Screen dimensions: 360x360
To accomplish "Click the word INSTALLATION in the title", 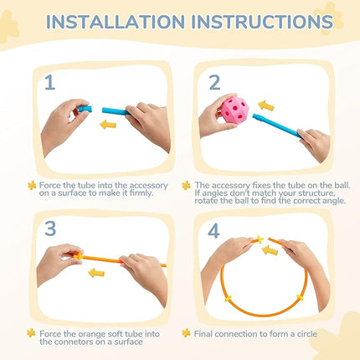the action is tap(116, 22).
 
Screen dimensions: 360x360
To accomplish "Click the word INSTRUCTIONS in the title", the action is tap(262, 22).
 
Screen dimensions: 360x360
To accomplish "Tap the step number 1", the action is tap(50, 83).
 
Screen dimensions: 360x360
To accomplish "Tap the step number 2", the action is tap(214, 83).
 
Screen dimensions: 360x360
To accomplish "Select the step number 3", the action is tap(50, 229).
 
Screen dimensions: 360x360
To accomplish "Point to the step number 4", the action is tap(213, 231).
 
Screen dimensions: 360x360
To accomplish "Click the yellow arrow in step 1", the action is tap(108, 125).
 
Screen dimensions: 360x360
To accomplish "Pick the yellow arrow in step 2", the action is tap(265, 105).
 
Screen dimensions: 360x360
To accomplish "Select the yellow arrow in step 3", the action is tap(96, 273).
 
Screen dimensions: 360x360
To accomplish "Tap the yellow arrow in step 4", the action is tap(270, 249).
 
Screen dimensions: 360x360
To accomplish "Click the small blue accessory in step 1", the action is tap(85, 109).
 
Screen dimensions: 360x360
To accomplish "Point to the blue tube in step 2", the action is tap(277, 126).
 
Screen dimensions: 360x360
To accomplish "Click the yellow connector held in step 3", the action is tap(79, 256).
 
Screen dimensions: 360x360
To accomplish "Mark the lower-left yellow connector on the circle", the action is tap(229, 299).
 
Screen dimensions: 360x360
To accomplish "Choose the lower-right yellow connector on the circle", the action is tap(300, 298).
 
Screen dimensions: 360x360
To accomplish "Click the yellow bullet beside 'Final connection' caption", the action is tap(186, 333).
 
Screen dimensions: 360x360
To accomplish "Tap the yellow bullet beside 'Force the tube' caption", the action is tap(32, 185).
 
